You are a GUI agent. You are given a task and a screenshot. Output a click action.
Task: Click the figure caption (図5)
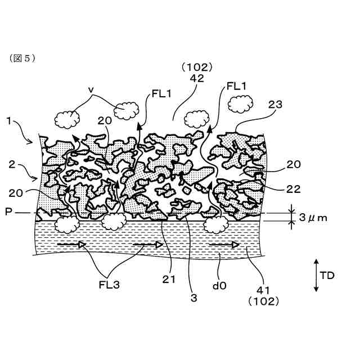point(22,58)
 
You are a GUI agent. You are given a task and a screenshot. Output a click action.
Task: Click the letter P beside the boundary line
point(8,213)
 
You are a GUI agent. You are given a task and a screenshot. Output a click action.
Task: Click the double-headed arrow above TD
point(316,276)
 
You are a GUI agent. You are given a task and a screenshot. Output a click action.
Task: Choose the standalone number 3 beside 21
point(194,299)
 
